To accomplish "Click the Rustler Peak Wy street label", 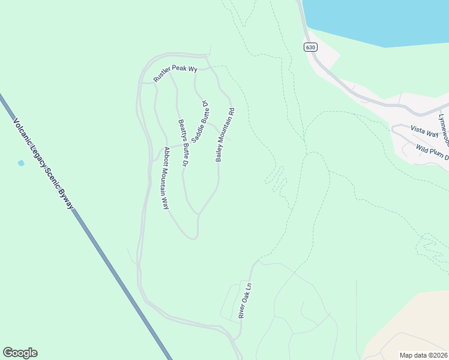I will coord(175,73).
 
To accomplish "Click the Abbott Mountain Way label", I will coord(163,178).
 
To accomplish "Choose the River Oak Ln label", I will coord(244,301).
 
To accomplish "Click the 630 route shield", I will coord(310,47).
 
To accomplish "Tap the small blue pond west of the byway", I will coord(21,163).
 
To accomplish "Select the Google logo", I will coord(20,353).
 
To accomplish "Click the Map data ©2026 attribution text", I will coord(423,355).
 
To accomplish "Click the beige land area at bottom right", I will coord(414,324).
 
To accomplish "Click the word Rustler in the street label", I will coord(161,76).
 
